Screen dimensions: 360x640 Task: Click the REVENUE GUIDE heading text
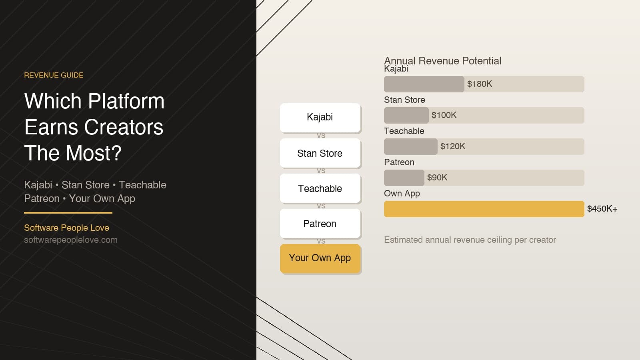54,75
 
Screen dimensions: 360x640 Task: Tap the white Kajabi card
320,117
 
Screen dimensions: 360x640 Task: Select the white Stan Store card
320,153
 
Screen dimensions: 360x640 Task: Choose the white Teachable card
320,188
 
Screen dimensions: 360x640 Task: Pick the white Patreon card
320,224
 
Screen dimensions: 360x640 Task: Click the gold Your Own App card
320,258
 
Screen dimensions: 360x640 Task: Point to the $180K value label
480,84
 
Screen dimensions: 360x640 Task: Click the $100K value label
444,115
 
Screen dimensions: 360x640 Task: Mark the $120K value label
453,146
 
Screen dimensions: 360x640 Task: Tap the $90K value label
437,178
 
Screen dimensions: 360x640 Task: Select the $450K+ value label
602,209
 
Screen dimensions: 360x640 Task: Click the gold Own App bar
484,209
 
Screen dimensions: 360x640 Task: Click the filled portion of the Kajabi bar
424,84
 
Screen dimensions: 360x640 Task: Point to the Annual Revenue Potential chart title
442,61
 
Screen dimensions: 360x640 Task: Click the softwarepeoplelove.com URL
71,240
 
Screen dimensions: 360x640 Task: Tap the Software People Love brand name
66,228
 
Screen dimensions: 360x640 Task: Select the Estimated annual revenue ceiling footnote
470,240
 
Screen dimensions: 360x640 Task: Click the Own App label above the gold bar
402,194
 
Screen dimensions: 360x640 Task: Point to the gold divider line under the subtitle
68,213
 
